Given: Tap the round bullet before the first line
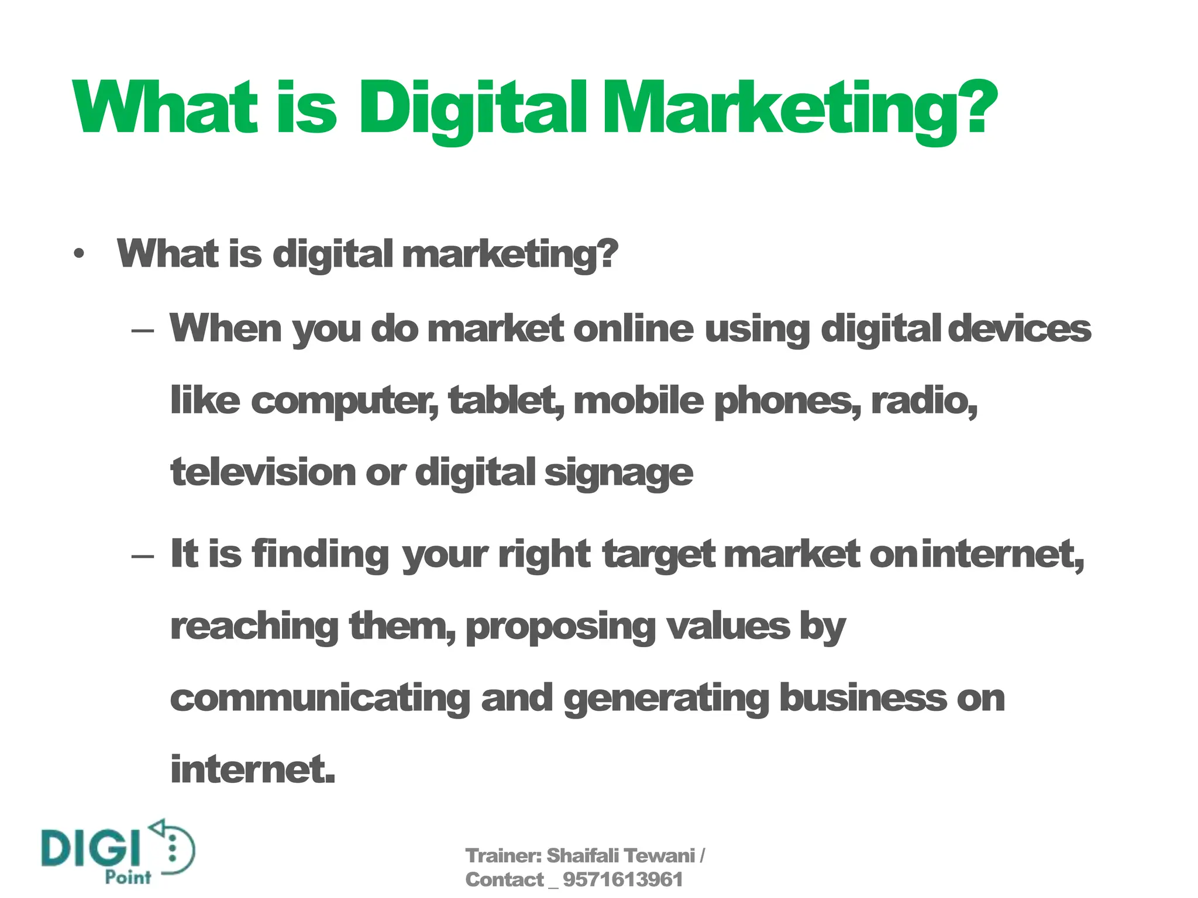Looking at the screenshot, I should [x=79, y=254].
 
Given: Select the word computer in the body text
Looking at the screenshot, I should [x=344, y=401].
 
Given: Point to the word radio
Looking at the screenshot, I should [x=924, y=401].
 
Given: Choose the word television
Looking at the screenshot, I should [x=263, y=472].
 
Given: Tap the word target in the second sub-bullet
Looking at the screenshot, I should [x=658, y=554].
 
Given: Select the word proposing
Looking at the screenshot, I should [x=560, y=627].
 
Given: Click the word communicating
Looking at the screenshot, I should [x=320, y=699].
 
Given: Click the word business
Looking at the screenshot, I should [x=863, y=698].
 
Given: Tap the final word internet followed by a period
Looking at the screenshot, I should [x=253, y=769].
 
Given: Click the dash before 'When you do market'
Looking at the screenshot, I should [x=143, y=330].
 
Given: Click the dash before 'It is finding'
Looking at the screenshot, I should [x=143, y=555].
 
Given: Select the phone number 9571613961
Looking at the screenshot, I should [x=622, y=880].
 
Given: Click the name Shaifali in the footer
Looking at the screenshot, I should [x=582, y=856].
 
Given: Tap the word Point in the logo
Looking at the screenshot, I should [x=128, y=878].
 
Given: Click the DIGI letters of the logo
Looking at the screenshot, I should [x=91, y=848].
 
